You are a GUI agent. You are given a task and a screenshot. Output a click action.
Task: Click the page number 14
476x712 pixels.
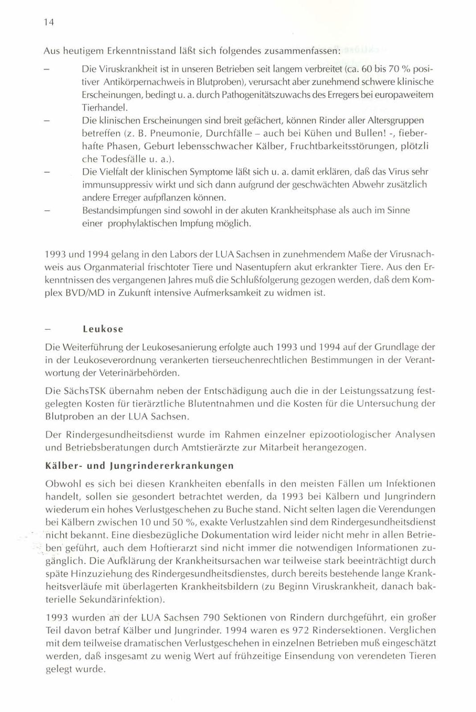49,22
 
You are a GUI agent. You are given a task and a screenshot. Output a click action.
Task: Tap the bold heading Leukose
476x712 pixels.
103,329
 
